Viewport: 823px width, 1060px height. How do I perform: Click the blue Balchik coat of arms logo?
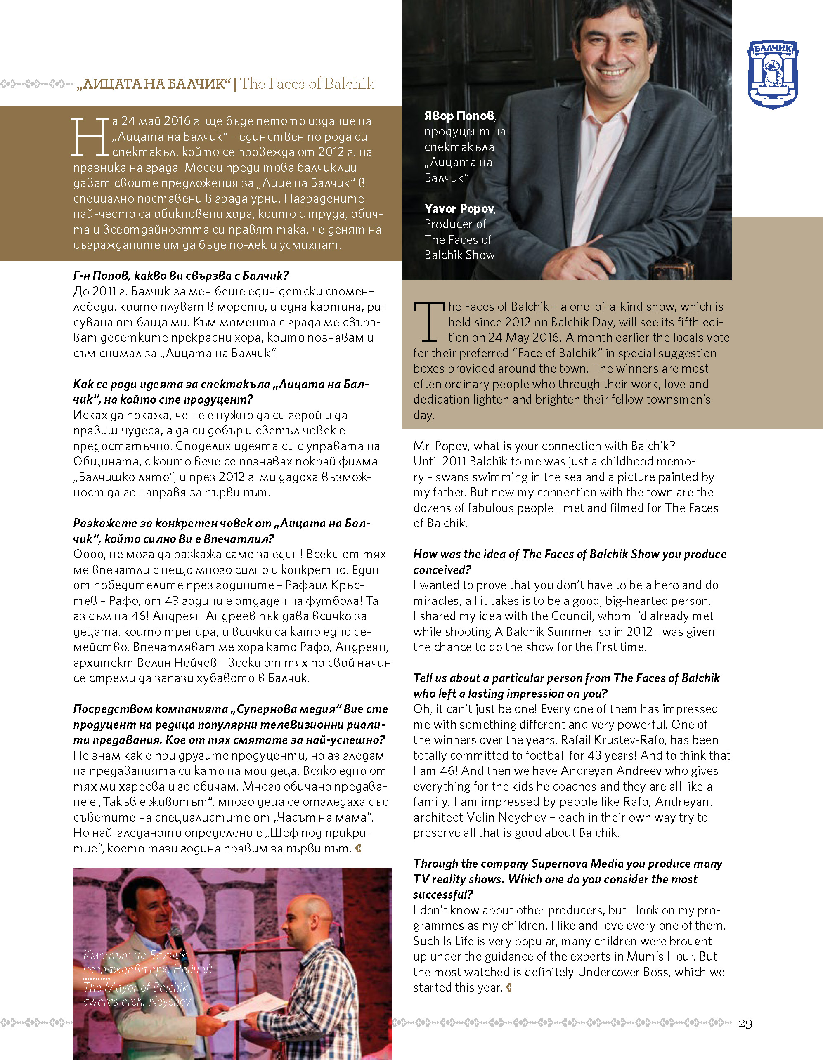(773, 74)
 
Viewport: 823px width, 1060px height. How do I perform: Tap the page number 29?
(745, 1024)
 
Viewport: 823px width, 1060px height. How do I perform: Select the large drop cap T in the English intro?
(429, 321)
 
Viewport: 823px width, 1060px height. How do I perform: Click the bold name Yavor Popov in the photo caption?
(459, 209)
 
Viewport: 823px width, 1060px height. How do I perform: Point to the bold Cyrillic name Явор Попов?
(459, 116)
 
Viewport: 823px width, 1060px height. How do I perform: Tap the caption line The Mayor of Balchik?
(135, 987)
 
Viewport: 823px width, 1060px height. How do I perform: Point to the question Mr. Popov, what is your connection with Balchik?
(544, 446)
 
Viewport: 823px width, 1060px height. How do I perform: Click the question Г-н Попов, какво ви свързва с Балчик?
(181, 276)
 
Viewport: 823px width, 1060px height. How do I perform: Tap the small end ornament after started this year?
(509, 987)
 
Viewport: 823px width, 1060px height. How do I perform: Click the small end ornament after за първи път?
(358, 848)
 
